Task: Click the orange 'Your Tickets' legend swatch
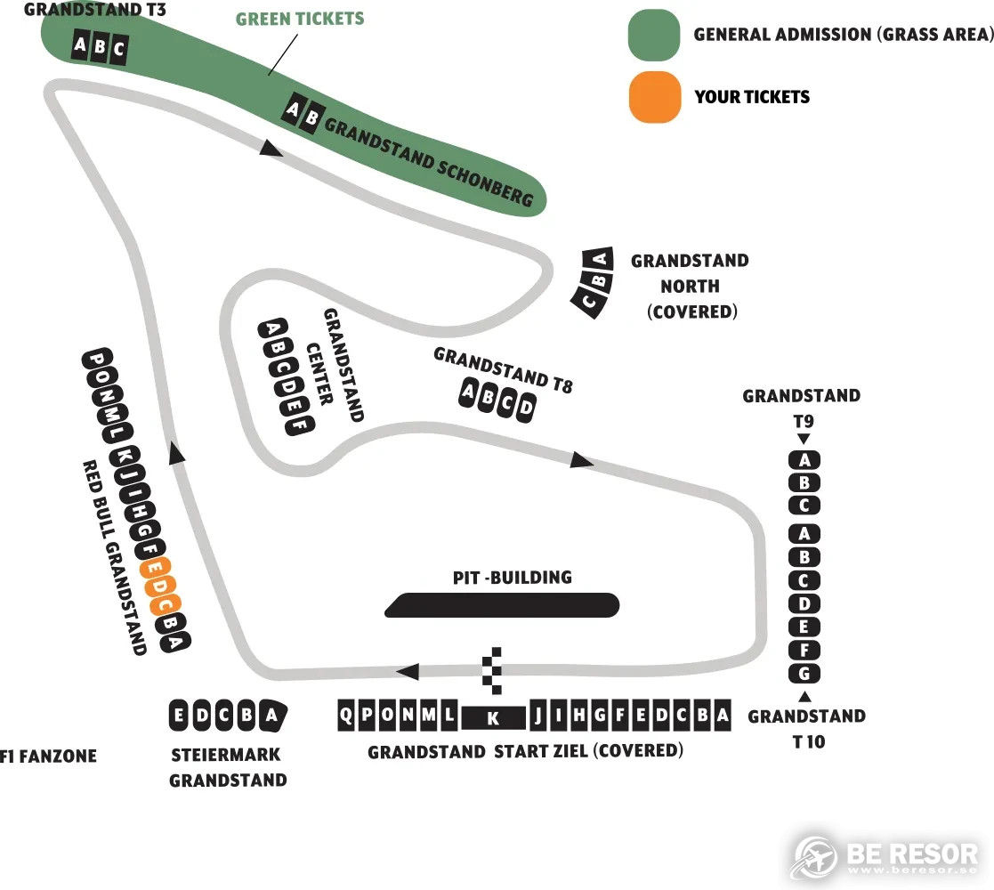tap(655, 96)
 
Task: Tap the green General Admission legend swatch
tap(654, 35)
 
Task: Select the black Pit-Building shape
tap(502, 604)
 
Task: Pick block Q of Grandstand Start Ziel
tap(346, 715)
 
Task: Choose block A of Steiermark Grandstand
tap(271, 715)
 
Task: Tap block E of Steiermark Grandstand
tap(179, 715)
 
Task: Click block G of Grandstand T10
tap(804, 673)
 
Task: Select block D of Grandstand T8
tap(526, 407)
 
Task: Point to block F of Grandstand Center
tap(300, 425)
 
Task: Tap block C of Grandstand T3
tap(118, 50)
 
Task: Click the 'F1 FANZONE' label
tap(49, 756)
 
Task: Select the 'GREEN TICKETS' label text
tap(300, 19)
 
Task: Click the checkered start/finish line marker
tap(493, 671)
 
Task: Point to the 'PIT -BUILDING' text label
tap(513, 577)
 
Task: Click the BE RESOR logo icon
tap(815, 857)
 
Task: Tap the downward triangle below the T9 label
tap(804, 439)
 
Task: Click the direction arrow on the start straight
tap(407, 671)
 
